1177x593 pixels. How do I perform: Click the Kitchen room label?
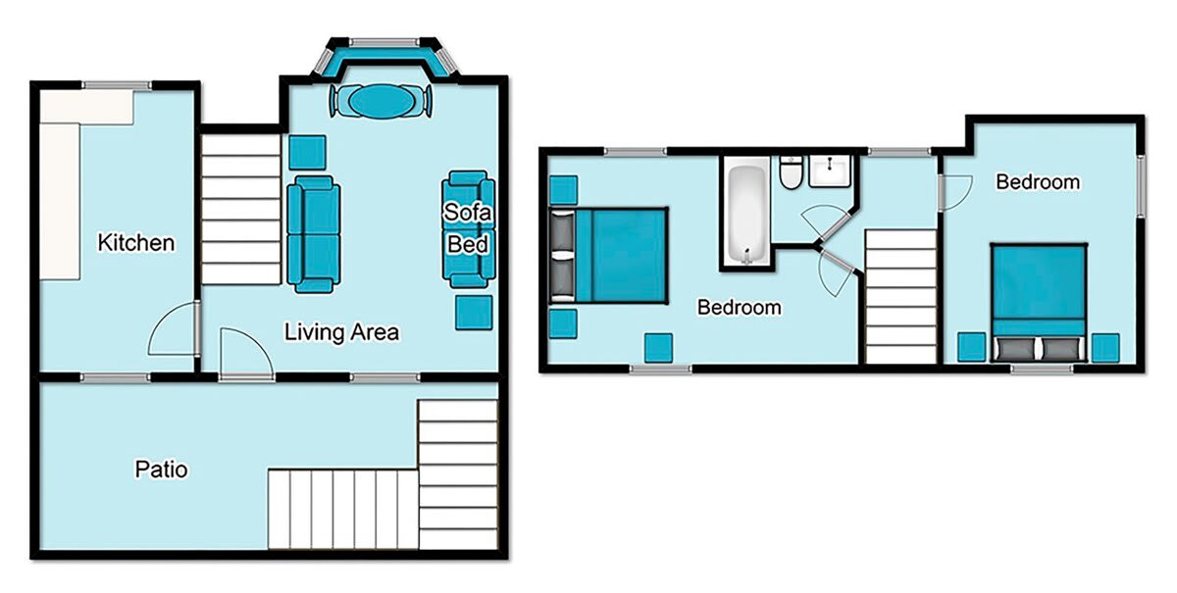pyautogui.click(x=136, y=242)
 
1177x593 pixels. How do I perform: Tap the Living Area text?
pyautogui.click(x=341, y=332)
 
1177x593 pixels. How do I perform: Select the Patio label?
pyautogui.click(x=161, y=469)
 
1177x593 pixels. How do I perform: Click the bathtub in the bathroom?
pyautogui.click(x=747, y=217)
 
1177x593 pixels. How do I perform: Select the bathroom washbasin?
pyautogui.click(x=830, y=173)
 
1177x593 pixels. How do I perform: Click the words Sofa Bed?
pyautogui.click(x=467, y=227)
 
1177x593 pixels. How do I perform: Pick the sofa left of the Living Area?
pyautogui.click(x=313, y=233)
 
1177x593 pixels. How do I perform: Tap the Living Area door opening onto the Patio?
pyautogui.click(x=244, y=354)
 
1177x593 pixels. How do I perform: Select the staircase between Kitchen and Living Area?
pyautogui.click(x=240, y=210)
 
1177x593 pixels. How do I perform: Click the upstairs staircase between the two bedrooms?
pyautogui.click(x=900, y=296)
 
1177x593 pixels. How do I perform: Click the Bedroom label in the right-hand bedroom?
pyautogui.click(x=1038, y=181)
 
